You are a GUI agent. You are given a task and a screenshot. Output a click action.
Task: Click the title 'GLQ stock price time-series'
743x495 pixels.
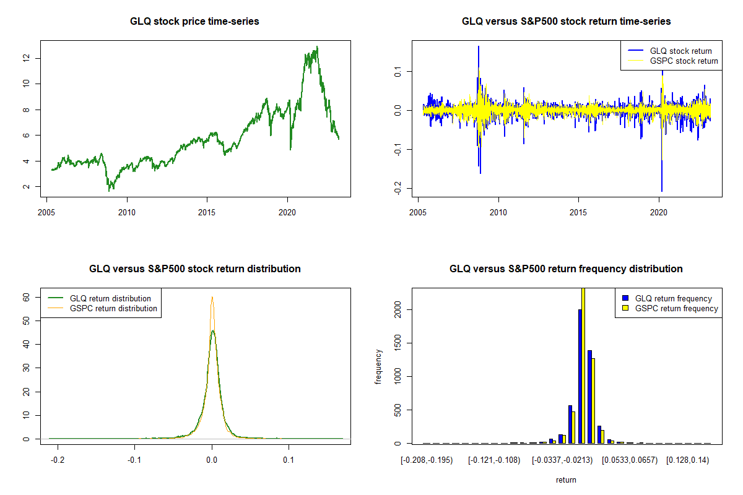click(x=194, y=22)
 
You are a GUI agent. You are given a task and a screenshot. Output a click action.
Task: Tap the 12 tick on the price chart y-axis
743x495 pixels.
click(x=26, y=58)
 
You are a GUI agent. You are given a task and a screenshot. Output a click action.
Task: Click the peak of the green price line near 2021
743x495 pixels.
click(x=317, y=47)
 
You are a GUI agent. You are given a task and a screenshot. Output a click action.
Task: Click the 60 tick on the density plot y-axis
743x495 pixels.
click(x=26, y=297)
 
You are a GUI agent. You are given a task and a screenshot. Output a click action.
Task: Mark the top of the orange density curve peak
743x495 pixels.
click(x=212, y=297)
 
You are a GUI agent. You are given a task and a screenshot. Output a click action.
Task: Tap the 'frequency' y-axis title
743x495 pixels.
click(x=378, y=366)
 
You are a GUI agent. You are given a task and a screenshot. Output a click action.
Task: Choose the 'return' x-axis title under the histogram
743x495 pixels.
click(x=566, y=480)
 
